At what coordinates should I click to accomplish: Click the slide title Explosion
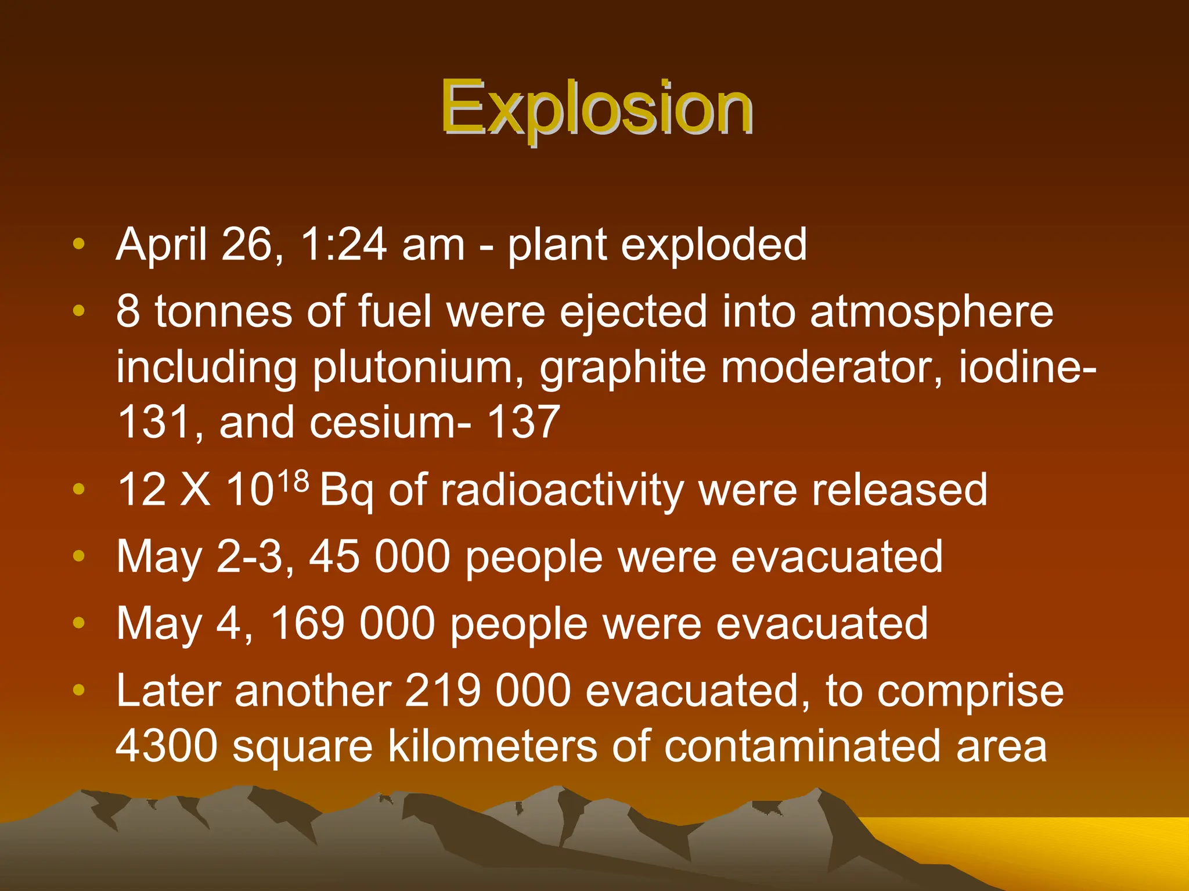click(x=596, y=108)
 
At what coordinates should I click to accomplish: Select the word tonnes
click(x=224, y=312)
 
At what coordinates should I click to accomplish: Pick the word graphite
click(x=623, y=368)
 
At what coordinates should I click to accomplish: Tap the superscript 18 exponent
click(x=293, y=480)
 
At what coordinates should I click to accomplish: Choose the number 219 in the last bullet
click(x=442, y=691)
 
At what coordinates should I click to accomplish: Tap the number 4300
click(x=167, y=746)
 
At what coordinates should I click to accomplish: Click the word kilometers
click(x=492, y=746)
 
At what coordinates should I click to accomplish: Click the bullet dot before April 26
click(x=79, y=244)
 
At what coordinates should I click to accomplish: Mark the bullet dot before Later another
click(x=79, y=691)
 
